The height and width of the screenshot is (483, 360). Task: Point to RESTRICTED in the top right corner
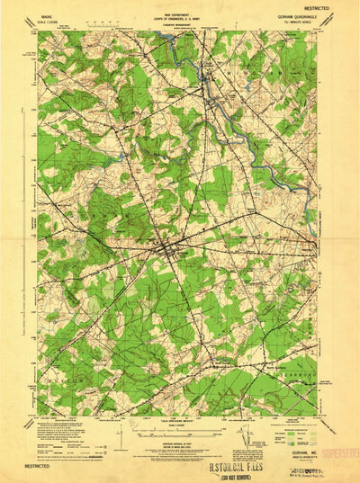(332, 6)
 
